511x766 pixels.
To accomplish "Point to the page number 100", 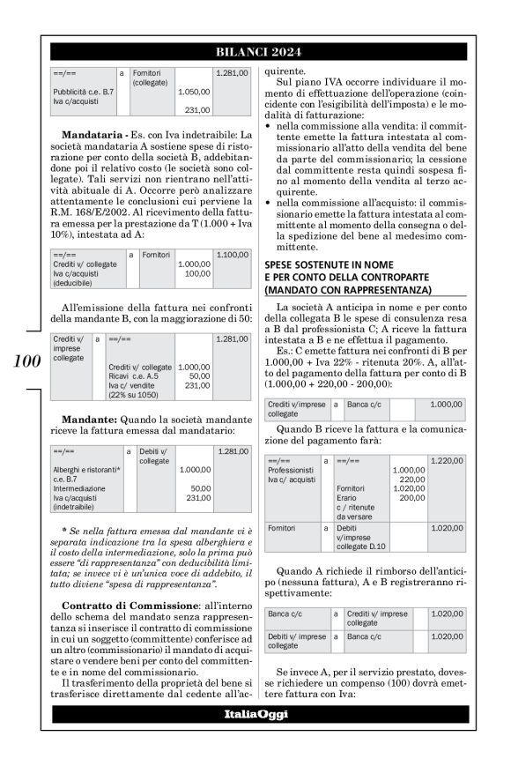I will [x=25, y=361].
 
